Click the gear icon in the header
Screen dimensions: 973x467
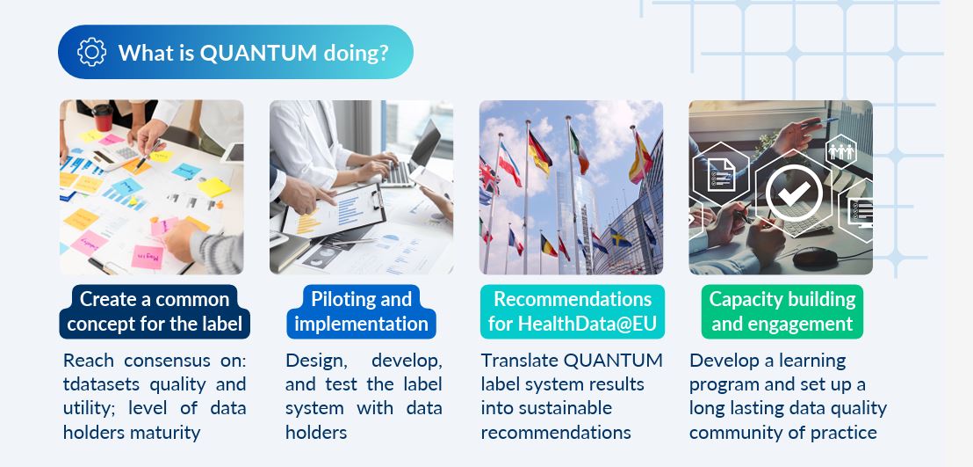point(92,52)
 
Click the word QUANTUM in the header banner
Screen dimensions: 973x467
point(258,53)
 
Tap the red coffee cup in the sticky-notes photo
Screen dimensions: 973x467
point(103,118)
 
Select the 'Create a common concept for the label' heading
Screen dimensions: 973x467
point(155,311)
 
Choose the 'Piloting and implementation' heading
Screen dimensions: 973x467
point(361,311)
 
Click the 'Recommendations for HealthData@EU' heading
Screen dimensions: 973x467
point(573,311)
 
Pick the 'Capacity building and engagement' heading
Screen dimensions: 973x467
point(782,311)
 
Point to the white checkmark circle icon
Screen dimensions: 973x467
point(794,192)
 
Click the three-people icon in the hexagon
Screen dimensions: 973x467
point(841,151)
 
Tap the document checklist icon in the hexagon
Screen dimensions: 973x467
point(721,175)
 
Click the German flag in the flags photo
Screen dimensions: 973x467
point(540,152)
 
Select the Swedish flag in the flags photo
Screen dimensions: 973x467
point(621,237)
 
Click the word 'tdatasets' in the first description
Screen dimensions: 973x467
point(102,384)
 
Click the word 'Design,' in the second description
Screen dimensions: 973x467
point(314,361)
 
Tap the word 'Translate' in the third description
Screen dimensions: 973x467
point(520,361)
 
